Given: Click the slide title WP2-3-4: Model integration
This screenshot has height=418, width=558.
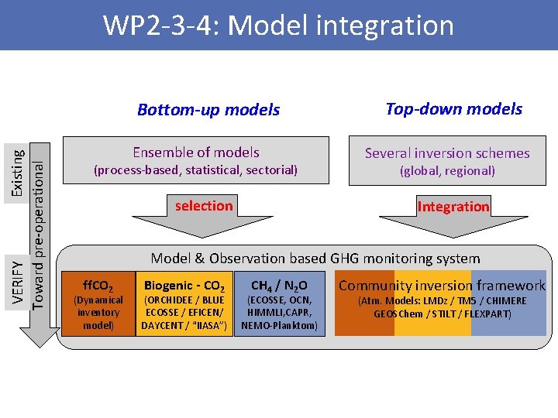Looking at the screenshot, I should [x=278, y=26].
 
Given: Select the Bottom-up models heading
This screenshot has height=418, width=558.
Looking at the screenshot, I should [x=208, y=110].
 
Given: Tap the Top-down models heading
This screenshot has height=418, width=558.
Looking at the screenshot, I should [x=453, y=109].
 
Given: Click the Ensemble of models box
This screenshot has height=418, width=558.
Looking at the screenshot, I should [x=196, y=161].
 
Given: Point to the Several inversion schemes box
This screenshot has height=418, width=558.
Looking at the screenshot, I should [x=447, y=161].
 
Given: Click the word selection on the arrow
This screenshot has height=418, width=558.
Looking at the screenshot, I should [x=204, y=206].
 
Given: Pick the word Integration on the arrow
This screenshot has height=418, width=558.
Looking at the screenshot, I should [x=453, y=207].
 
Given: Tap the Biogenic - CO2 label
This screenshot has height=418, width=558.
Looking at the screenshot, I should [x=184, y=286].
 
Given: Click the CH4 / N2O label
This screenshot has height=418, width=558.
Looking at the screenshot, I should [x=279, y=286].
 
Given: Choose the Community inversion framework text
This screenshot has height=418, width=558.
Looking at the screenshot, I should [x=442, y=286].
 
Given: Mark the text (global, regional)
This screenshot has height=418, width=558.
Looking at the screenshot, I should [x=447, y=170].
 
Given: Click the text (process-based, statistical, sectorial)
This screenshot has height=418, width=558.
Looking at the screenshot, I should [x=195, y=170].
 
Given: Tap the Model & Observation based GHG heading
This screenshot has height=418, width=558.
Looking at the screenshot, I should [x=315, y=259].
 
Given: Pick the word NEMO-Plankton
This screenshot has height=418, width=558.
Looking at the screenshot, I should [x=279, y=325].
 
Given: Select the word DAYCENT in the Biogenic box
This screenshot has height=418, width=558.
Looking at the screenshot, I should [x=162, y=325].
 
